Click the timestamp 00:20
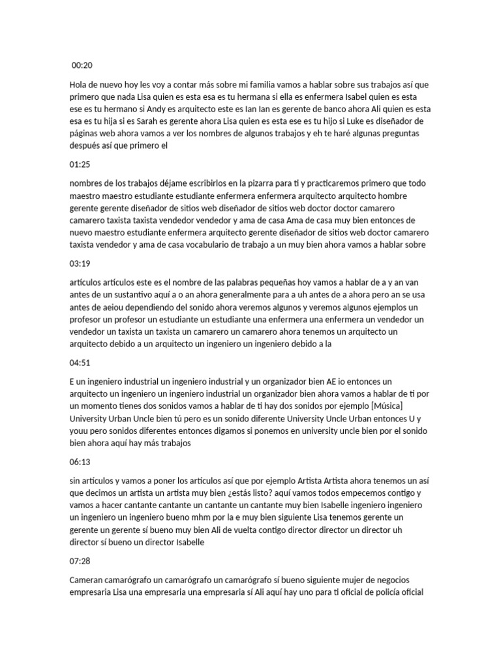[x=82, y=65]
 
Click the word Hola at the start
[x=78, y=85]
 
